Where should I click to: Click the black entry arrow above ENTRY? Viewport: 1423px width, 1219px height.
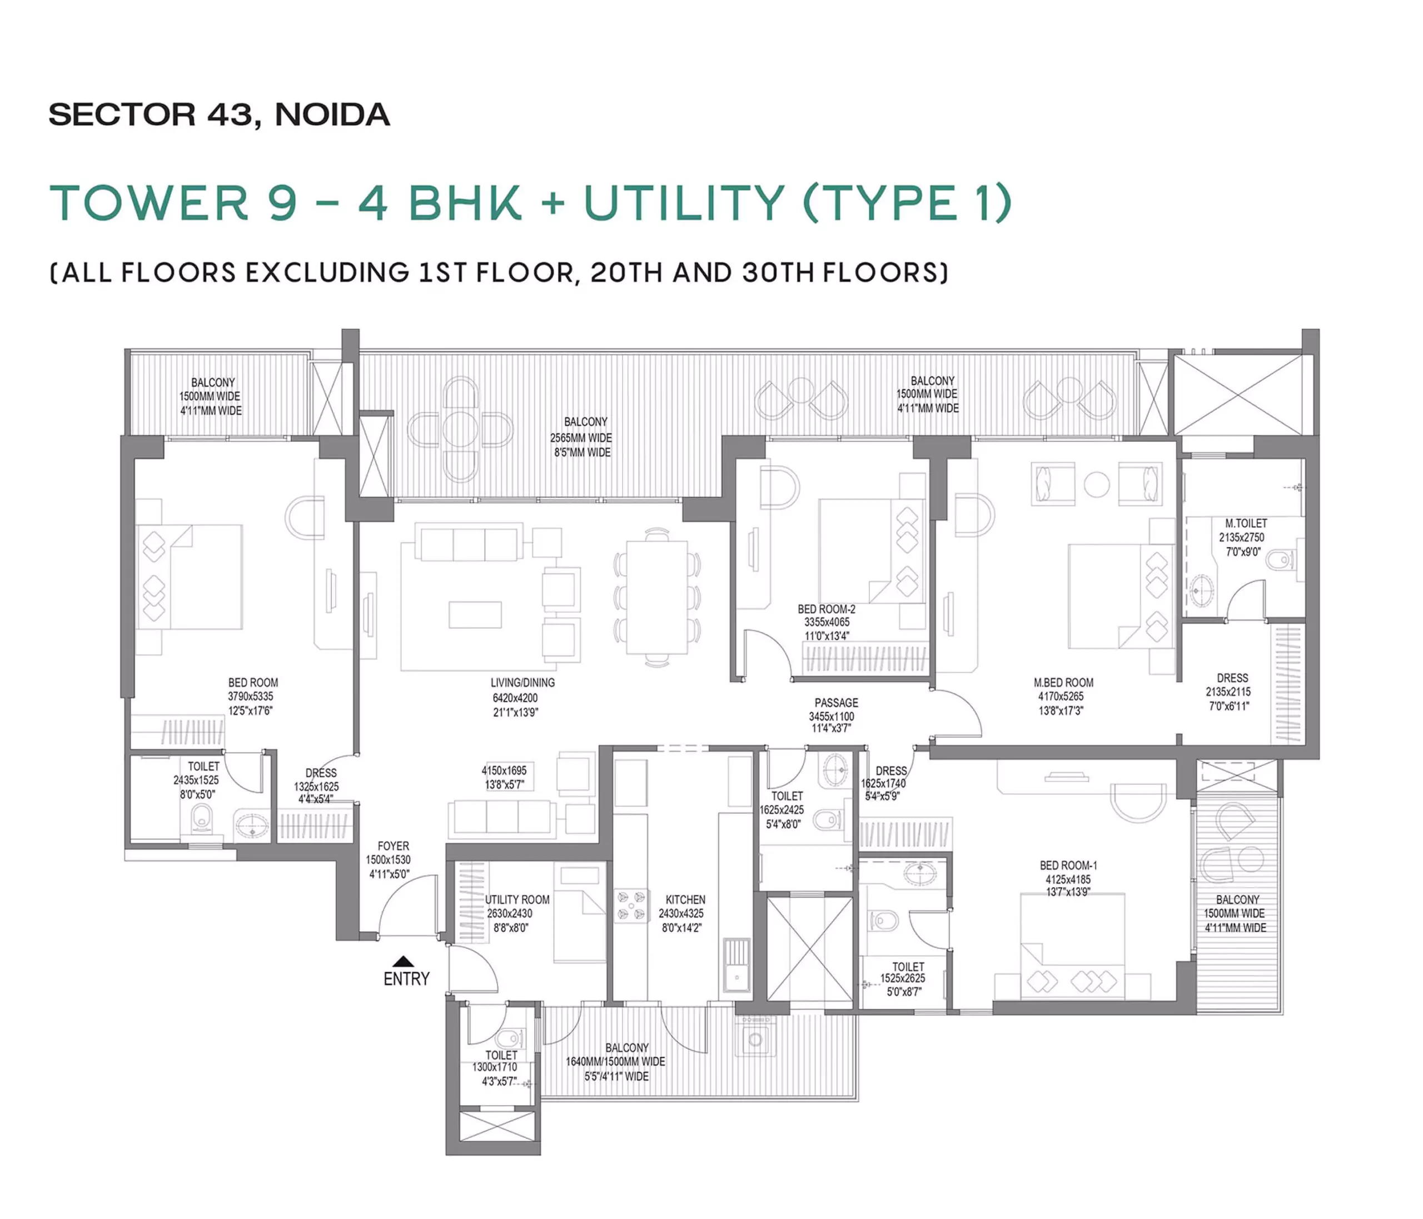pyautogui.click(x=403, y=962)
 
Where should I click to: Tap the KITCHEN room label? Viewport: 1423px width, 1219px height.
pyautogui.click(x=685, y=899)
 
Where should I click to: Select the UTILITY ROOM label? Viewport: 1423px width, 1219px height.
pyautogui.click(x=517, y=899)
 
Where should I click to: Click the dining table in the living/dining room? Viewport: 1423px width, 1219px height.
pyautogui.click(x=656, y=597)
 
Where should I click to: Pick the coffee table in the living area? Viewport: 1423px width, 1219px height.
pyautogui.click(x=475, y=615)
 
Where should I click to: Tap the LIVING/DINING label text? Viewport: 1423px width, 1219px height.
pyautogui.click(x=522, y=683)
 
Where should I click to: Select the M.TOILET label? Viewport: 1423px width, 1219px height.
pyautogui.click(x=1246, y=523)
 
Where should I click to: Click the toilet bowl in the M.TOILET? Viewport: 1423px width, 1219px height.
pyautogui.click(x=1280, y=560)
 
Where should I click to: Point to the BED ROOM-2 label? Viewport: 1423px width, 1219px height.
pyautogui.click(x=826, y=609)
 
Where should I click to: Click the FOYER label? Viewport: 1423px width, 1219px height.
pyautogui.click(x=393, y=846)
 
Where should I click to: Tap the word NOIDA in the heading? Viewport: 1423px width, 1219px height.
pyautogui.click(x=332, y=115)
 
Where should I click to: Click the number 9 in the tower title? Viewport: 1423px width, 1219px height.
pyautogui.click(x=282, y=203)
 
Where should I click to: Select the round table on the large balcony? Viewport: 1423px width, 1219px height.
pyautogui.click(x=460, y=430)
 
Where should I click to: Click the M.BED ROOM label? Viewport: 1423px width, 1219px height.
pyautogui.click(x=1063, y=683)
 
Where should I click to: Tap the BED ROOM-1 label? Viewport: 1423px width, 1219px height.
pyautogui.click(x=1068, y=865)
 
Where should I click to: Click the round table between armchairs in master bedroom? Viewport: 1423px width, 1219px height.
pyautogui.click(x=1096, y=485)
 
